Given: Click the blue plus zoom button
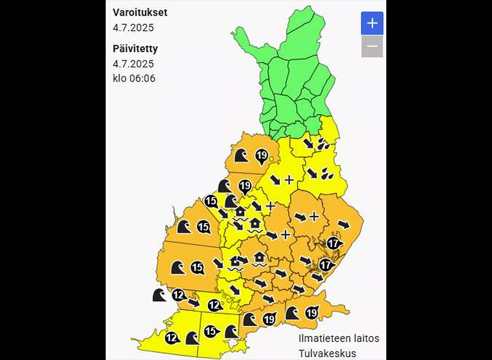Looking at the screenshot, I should coord(372,23).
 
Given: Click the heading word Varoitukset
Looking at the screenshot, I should coord(140,12).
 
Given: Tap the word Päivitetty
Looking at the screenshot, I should coord(135,48).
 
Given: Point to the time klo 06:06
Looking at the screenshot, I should coord(134,78).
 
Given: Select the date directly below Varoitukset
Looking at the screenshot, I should coord(133,27).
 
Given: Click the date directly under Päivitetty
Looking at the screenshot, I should coord(133,63).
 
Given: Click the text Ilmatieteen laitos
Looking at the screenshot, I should coord(339,338).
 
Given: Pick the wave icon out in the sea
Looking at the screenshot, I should coord(160,295).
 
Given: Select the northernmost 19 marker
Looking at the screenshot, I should coord(261,156).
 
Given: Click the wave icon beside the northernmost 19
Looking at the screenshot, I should coord(241,156).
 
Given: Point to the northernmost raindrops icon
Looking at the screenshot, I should coord(324,143).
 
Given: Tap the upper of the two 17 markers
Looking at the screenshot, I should coord(333,243).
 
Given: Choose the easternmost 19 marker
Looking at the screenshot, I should coord(311,313).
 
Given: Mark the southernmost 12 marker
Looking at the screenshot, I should coord(172,338).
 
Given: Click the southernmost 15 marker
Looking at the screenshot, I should coord(210,331).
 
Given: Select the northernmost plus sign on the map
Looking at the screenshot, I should coord(289,180).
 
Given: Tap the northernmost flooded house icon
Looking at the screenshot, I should coord(240,212).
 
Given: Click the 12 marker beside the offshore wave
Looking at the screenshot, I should coord(178,295).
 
